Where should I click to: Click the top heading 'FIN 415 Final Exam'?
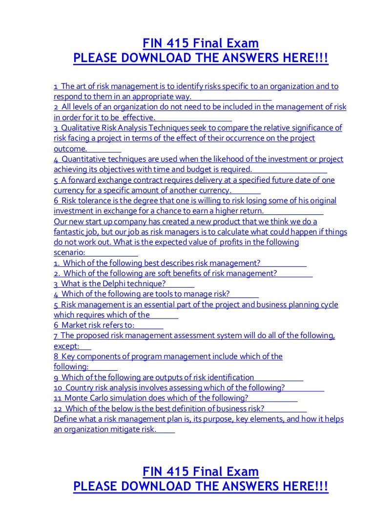[200, 43]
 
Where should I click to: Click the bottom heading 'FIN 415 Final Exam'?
[200, 472]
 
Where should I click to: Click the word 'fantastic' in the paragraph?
[70, 232]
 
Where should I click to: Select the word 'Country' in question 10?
[80, 388]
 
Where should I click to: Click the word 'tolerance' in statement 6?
[94, 201]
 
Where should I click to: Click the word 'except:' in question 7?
[66, 346]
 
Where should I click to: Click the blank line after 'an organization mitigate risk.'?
[166, 430]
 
